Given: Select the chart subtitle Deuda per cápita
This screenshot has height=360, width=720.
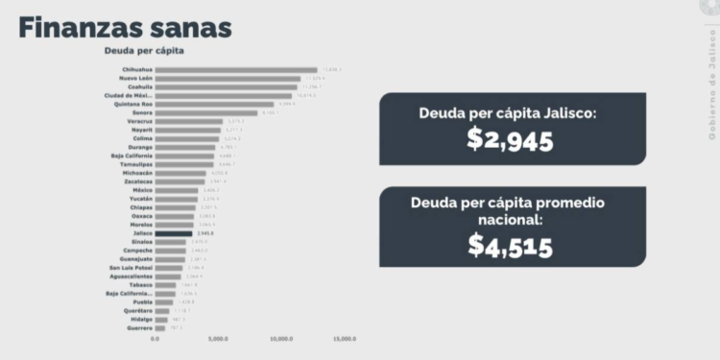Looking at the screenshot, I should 144,51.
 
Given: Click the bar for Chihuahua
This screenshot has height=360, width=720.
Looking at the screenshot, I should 235,70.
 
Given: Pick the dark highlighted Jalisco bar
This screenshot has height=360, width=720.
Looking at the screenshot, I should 174,232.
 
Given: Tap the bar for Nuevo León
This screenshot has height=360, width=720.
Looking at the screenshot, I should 229,79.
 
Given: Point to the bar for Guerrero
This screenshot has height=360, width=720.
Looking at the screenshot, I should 160,328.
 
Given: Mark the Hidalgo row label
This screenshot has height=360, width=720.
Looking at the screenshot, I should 138,320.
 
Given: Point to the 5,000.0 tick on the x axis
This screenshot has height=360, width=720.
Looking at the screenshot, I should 218,339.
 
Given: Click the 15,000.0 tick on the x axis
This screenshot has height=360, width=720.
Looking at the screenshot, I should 345,339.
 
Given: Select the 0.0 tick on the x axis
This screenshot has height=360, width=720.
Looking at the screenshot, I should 155,339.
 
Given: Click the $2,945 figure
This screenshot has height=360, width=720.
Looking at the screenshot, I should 511,139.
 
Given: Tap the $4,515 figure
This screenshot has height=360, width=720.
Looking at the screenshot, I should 511,245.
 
